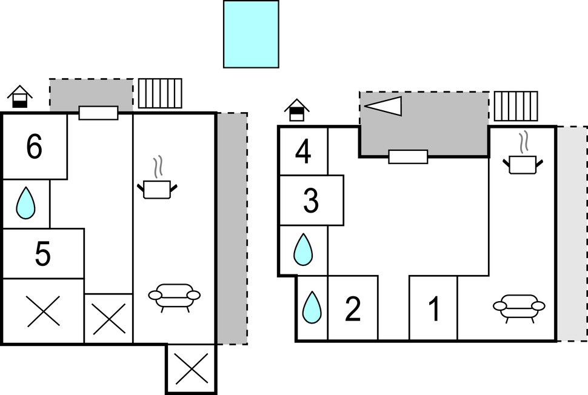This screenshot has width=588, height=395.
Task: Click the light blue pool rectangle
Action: pyautogui.click(x=251, y=34)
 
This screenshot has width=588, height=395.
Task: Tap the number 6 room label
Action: pyautogui.click(x=35, y=147)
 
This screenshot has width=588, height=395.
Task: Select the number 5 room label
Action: pyautogui.click(x=42, y=254)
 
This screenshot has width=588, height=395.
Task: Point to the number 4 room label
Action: pyautogui.click(x=303, y=152)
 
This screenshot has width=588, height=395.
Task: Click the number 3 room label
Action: pyautogui.click(x=311, y=201)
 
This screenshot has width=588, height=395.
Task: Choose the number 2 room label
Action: pyautogui.click(x=352, y=309)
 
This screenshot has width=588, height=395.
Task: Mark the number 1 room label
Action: pyautogui.click(x=433, y=309)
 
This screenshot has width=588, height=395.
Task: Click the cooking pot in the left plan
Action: pyautogui.click(x=158, y=183)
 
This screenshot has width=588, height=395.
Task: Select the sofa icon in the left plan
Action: pyautogui.click(x=174, y=297)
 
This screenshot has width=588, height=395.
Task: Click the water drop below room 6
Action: pyautogui.click(x=25, y=203)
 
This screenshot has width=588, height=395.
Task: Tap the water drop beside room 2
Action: pyautogui.click(x=312, y=307)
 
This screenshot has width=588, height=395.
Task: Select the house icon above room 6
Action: pyautogui.click(x=20, y=96)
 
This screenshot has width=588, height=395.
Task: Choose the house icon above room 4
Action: pyautogui.click(x=296, y=110)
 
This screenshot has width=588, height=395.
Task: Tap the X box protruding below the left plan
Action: pyautogui.click(x=191, y=368)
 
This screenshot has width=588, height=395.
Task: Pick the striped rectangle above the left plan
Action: pyautogui.click(x=160, y=93)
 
